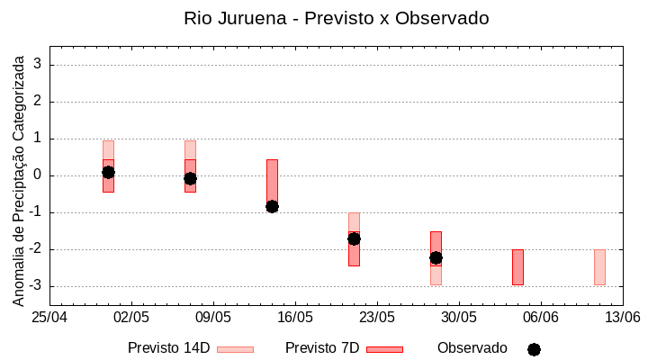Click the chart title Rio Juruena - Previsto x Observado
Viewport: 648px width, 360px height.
point(336,18)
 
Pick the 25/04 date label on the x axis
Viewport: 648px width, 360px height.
point(49,318)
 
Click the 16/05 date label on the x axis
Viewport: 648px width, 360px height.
point(295,318)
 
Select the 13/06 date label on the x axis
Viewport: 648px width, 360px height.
point(622,318)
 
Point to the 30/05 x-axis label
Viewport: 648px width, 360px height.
point(459,318)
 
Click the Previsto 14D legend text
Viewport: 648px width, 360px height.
point(168,348)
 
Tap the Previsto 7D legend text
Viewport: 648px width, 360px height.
point(322,348)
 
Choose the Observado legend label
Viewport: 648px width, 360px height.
point(472,348)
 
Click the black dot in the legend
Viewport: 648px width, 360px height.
point(534,349)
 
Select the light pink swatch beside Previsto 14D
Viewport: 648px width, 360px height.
point(235,349)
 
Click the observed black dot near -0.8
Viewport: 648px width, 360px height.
point(272,206)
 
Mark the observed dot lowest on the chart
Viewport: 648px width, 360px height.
point(436,257)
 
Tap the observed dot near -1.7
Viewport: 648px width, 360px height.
point(354,238)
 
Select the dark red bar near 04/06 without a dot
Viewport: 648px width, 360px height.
point(517,267)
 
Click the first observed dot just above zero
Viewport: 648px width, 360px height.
point(108,172)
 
